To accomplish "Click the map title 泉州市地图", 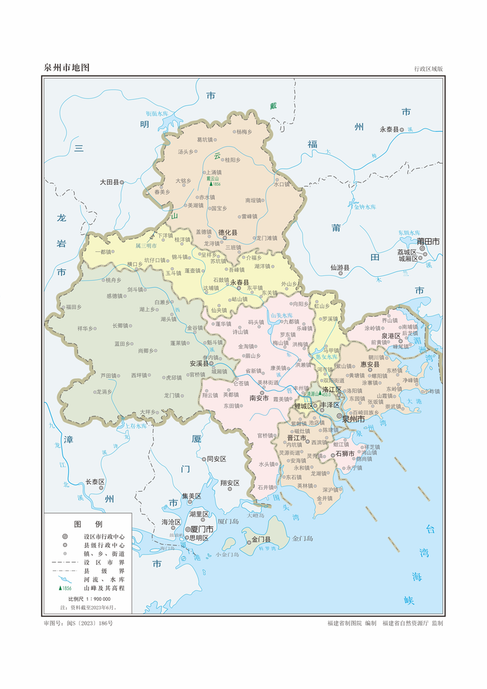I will point(66,68).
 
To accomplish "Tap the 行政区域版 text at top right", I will point(428,68).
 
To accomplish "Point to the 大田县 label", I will point(110,182).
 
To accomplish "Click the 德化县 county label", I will point(227,232).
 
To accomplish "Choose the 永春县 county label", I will point(239,282).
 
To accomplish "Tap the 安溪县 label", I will point(198,364).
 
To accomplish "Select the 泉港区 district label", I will point(390,336).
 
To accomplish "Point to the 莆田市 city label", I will point(429,241).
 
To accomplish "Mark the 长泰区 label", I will point(95,482).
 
